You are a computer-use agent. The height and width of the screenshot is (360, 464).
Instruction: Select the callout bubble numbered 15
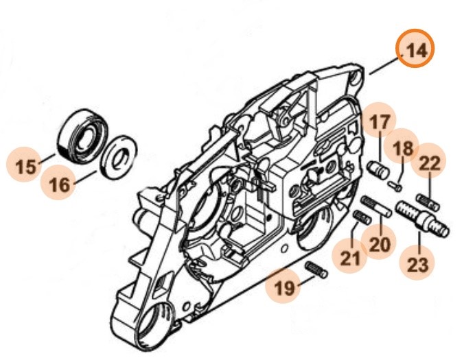coord(25,167)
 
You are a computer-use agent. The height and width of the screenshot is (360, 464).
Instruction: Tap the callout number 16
coord(60,184)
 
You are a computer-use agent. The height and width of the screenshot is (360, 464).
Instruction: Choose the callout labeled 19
coord(283,289)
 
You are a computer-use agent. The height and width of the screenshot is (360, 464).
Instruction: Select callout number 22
coord(430,163)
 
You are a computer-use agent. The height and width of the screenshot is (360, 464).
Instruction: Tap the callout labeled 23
coord(418,264)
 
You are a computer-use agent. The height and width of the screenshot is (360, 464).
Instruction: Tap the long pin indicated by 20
coord(377,207)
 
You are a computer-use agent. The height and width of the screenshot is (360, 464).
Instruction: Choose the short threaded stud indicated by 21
coord(362,218)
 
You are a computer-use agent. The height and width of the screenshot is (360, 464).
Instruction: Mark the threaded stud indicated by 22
coord(428,202)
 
